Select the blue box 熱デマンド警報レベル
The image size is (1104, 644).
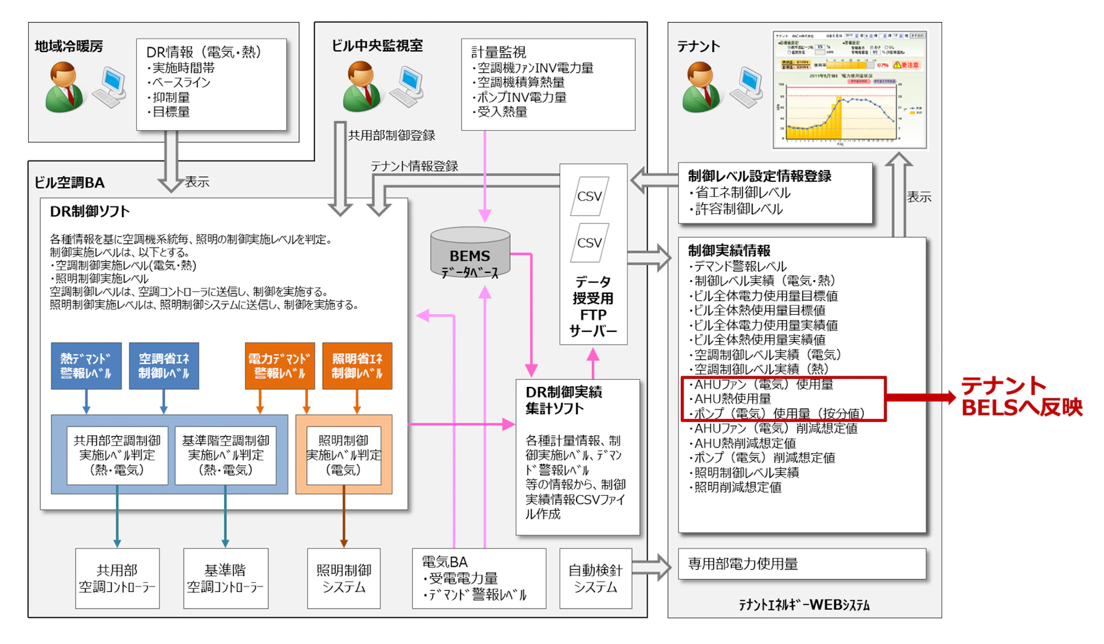pyautogui.click(x=86, y=366)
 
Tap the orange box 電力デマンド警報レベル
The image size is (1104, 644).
pyautogui.click(x=280, y=366)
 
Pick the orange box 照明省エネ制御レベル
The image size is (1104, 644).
pyautogui.click(x=357, y=366)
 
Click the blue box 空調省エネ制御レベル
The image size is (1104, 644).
pyautogui.click(x=164, y=366)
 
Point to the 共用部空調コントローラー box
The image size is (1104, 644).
pyautogui.click(x=117, y=578)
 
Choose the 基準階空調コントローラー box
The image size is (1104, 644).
pyautogui.click(x=225, y=578)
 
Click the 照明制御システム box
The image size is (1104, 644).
pyautogui.click(x=343, y=578)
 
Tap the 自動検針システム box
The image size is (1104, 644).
pyautogui.click(x=595, y=578)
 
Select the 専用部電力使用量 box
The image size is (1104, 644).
pyautogui.click(x=802, y=564)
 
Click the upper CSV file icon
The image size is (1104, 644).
pyautogui.click(x=589, y=196)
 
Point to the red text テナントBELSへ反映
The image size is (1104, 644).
pyautogui.click(x=1021, y=396)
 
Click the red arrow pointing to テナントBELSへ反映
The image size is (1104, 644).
pyautogui.click(x=920, y=397)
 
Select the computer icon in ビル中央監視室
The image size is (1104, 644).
pyautogui.click(x=409, y=86)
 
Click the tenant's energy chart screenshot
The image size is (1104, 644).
pyautogui.click(x=850, y=89)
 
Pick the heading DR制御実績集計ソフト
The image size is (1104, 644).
pyautogui.click(x=563, y=400)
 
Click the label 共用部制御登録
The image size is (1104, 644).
pyautogui.click(x=391, y=136)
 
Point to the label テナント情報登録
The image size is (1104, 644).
pyautogui.click(x=414, y=166)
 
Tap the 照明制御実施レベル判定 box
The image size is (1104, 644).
pyautogui.click(x=343, y=455)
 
